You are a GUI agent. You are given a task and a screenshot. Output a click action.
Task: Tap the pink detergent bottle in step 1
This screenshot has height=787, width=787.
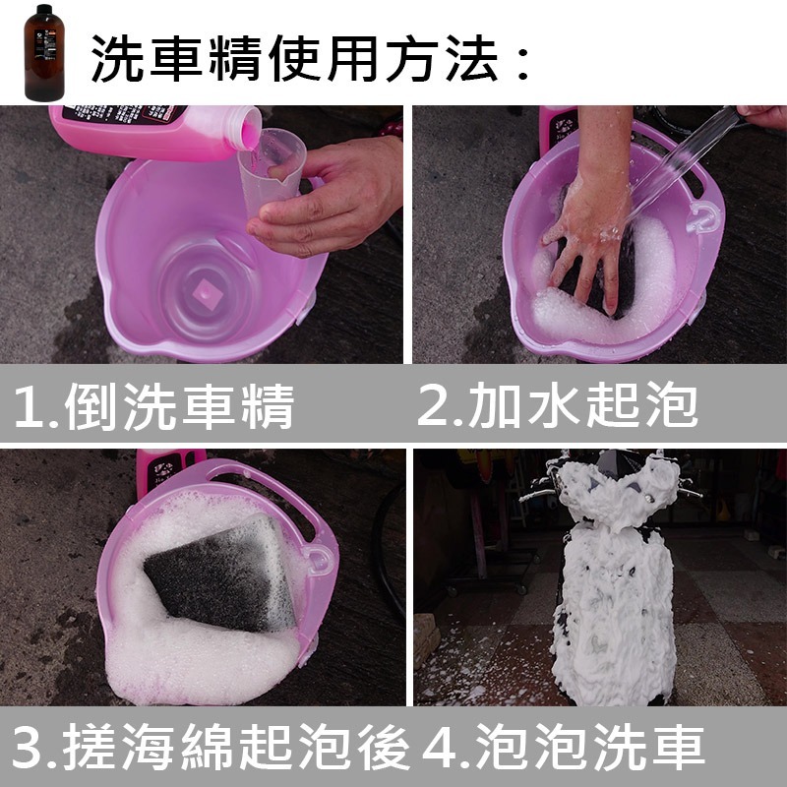[x=148, y=128]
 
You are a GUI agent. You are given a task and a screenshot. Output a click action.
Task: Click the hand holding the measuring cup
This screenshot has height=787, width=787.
[x=330, y=197]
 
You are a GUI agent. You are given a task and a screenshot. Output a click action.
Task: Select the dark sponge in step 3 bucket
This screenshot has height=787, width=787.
[x=220, y=572]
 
